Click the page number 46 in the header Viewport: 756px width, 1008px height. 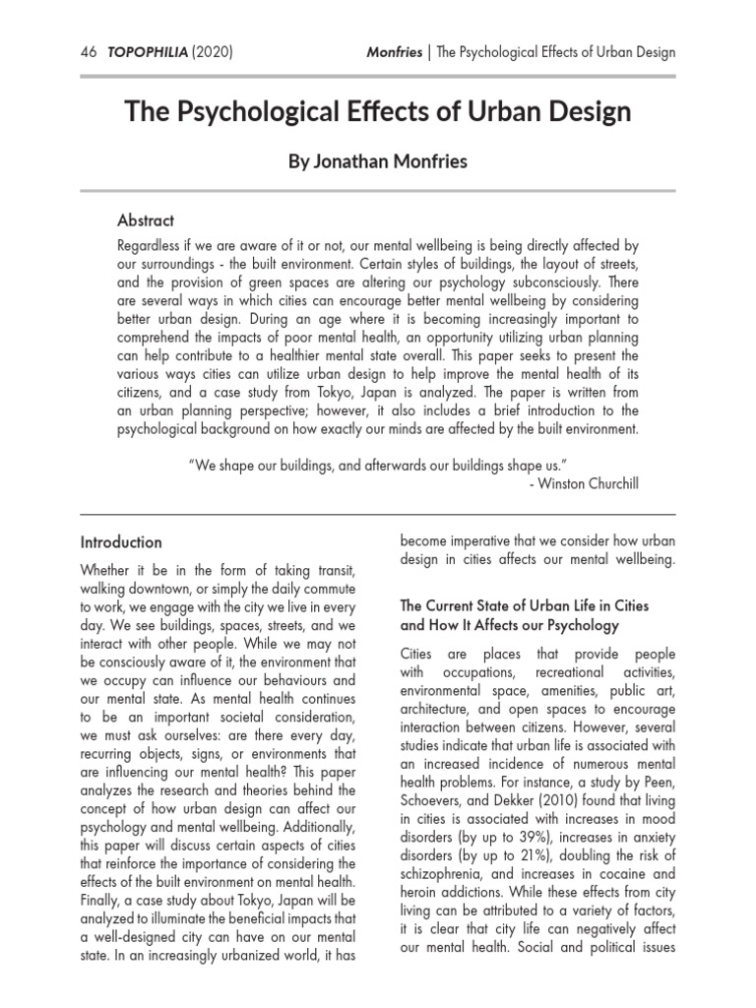point(89,51)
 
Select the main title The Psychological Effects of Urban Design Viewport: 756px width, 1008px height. point(378,111)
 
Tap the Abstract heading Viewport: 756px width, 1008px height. point(146,220)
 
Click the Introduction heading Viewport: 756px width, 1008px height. point(120,542)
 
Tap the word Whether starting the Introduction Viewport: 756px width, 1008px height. point(109,572)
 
